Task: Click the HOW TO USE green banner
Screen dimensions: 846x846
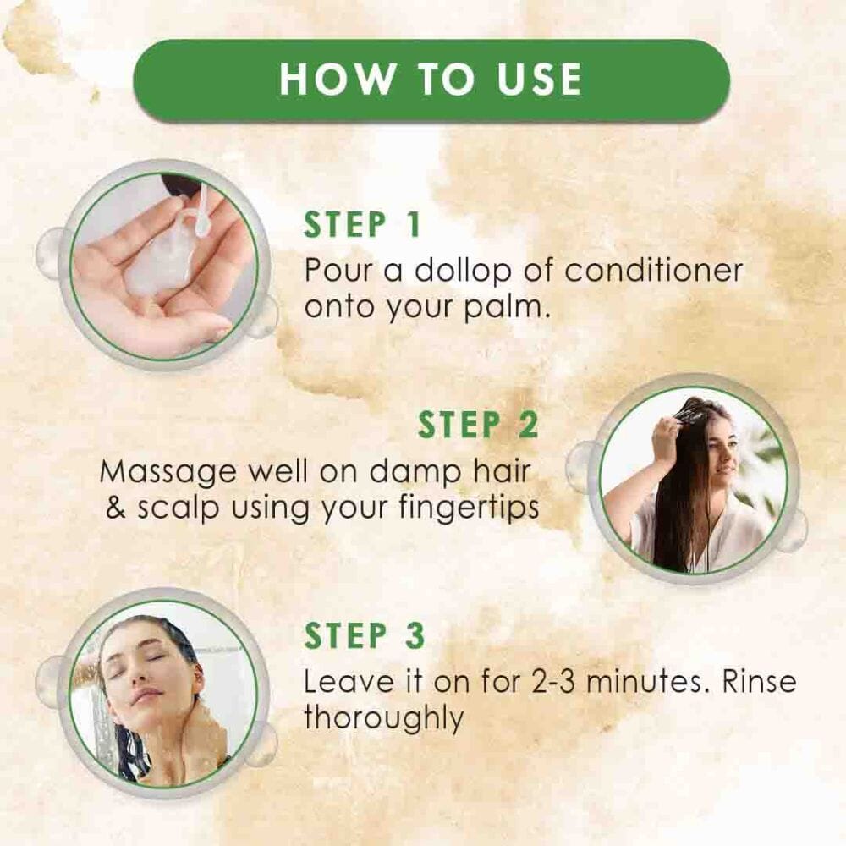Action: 431,80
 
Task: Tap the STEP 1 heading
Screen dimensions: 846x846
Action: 362,226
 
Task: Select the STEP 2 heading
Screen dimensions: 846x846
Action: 478,426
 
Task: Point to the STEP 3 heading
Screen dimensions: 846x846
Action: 364,636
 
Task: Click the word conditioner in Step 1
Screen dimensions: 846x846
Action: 654,271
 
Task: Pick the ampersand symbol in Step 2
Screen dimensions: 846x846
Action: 116,508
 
